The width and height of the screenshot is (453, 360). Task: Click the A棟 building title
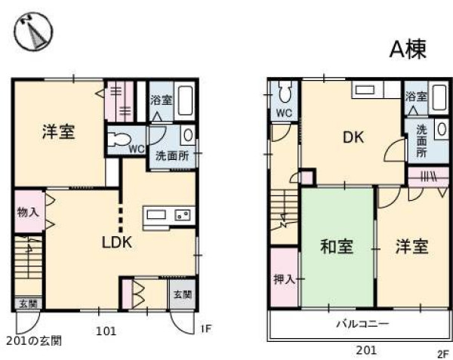408,49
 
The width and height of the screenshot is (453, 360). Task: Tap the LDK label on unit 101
118,243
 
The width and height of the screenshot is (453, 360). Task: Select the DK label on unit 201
353,138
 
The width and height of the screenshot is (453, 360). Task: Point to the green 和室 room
337,247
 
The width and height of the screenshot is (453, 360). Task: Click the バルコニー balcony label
362,325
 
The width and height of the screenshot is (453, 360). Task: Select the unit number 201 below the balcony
365,350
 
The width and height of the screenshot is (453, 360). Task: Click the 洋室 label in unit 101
57,132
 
